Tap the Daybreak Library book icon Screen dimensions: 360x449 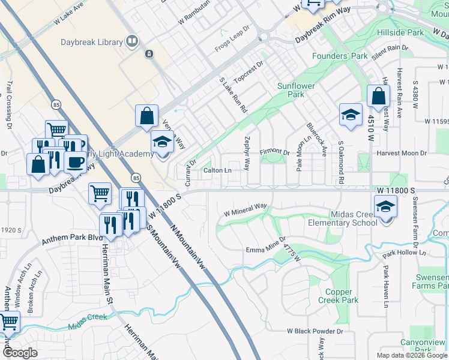pyautogui.click(x=132, y=41)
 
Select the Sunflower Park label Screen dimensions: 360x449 pyautogui.click(x=296, y=90)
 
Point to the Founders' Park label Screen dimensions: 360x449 pyautogui.click(x=339, y=56)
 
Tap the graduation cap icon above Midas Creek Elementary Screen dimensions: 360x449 pyautogui.click(x=385, y=207)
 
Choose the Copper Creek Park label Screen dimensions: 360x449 pyautogui.click(x=337, y=296)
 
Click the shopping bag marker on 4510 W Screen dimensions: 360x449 pyautogui.click(x=379, y=95)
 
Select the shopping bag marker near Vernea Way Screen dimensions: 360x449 pyautogui.click(x=147, y=116)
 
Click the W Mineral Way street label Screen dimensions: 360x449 pyautogui.click(x=245, y=209)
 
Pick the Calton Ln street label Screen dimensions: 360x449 pyautogui.click(x=217, y=170)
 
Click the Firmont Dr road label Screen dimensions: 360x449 pyautogui.click(x=275, y=153)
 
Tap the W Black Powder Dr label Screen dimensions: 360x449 pyautogui.click(x=315, y=331)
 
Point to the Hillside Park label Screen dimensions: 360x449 pyautogui.click(x=400, y=32)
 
